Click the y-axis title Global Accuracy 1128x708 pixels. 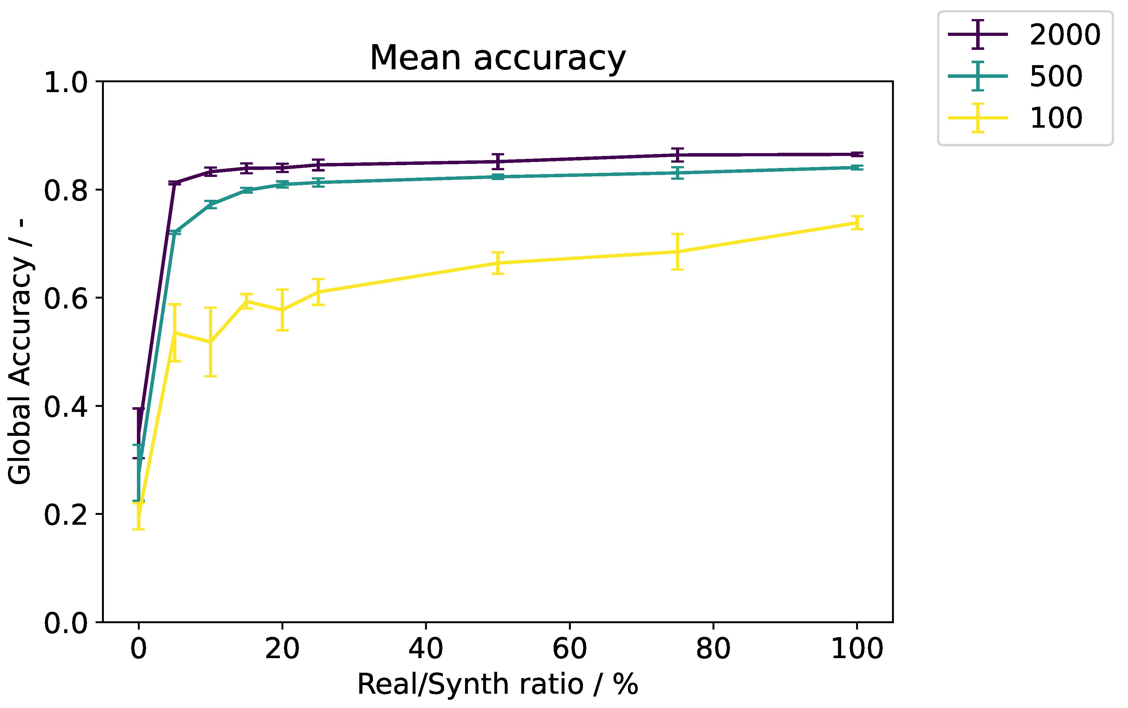pos(20,351)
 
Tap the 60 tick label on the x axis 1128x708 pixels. pos(569,649)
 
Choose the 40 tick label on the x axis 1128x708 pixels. pos(426,649)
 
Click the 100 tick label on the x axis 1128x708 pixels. pos(856,649)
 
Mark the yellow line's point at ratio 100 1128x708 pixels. pos(856,223)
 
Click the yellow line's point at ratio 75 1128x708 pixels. pos(677,252)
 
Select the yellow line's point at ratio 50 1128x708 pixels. pos(498,263)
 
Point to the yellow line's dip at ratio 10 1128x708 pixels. pos(210,342)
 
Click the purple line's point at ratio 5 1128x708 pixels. pos(175,183)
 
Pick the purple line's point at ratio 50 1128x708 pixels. pos(498,162)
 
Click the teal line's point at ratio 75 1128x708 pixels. pos(677,173)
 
